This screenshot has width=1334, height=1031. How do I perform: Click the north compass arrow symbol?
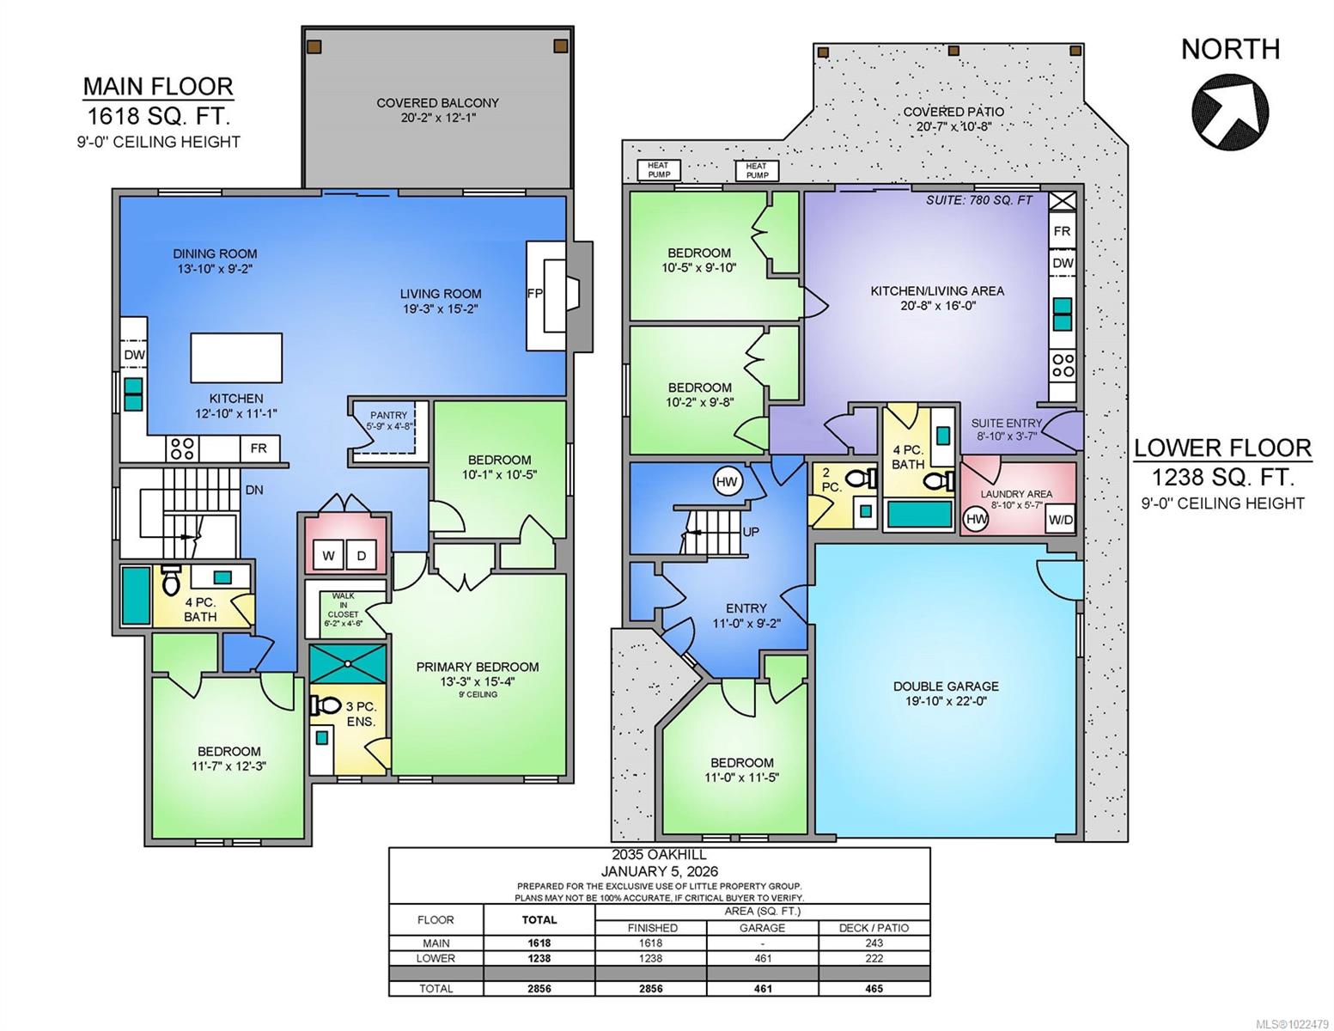pyautogui.click(x=1230, y=111)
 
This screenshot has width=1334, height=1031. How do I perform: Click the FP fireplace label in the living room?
pyautogui.click(x=534, y=293)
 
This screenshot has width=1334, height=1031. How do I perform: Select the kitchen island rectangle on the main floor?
pyautogui.click(x=236, y=357)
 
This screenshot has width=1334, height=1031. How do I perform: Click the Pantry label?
pyautogui.click(x=388, y=416)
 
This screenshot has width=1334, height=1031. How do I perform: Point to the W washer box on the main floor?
pyautogui.click(x=328, y=556)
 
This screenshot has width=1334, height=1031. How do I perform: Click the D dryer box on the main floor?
pyautogui.click(x=362, y=556)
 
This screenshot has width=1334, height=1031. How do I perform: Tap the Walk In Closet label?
pyautogui.click(x=342, y=605)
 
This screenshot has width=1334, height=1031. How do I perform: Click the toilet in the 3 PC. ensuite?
pyautogui.click(x=326, y=705)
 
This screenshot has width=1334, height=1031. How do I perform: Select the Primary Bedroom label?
pyautogui.click(x=478, y=667)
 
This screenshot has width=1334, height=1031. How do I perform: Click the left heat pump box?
pyautogui.click(x=658, y=170)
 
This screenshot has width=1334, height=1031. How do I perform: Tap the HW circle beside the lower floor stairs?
pyautogui.click(x=727, y=482)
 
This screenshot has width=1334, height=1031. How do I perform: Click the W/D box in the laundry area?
pyautogui.click(x=1060, y=520)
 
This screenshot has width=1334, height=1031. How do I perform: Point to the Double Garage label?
pyautogui.click(x=946, y=686)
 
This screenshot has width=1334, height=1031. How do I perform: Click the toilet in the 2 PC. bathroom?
pyautogui.click(x=857, y=479)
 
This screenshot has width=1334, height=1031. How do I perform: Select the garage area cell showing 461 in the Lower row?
pyautogui.click(x=762, y=958)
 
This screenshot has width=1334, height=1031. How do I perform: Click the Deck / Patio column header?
pyautogui.click(x=874, y=927)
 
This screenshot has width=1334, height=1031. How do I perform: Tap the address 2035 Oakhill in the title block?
pyautogui.click(x=659, y=856)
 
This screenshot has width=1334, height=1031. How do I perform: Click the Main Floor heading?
pyautogui.click(x=158, y=86)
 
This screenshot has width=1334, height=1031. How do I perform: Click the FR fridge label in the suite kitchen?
pyautogui.click(x=1062, y=231)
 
